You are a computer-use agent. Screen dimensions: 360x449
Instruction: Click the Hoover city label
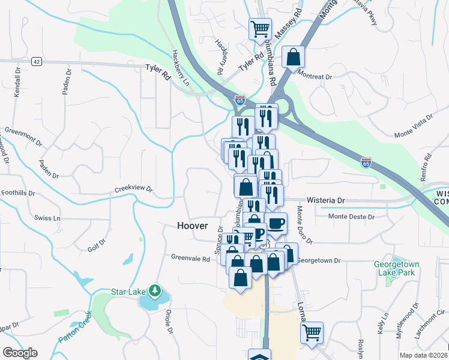point(193,226)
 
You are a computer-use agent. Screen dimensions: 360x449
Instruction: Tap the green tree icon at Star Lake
point(155,291)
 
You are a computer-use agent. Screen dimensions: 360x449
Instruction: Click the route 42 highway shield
point(37,61)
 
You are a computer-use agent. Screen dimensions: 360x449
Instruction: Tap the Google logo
point(20,352)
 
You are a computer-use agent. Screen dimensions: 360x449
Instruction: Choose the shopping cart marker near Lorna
point(312,332)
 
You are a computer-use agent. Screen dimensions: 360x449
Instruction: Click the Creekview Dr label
point(134,190)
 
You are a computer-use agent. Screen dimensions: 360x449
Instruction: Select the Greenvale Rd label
point(190,259)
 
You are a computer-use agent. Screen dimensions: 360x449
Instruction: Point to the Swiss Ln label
point(48,218)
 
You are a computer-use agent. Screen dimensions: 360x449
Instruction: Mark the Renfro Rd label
point(427,165)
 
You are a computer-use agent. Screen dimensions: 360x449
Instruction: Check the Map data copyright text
point(423,355)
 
